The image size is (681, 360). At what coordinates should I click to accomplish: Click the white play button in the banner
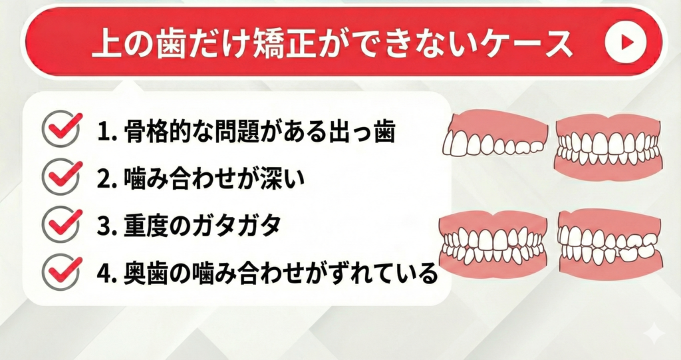625,42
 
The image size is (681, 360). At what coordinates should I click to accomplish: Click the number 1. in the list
108,131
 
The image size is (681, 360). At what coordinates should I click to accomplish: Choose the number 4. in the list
108,274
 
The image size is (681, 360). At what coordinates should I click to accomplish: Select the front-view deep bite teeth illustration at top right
609,146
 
